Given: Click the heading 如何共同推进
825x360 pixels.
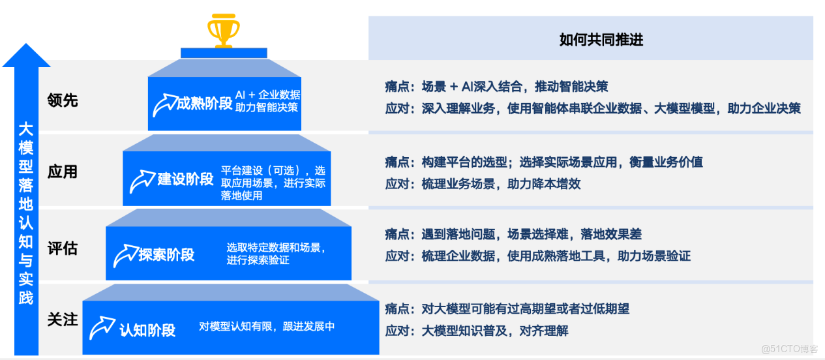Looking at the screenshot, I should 601,40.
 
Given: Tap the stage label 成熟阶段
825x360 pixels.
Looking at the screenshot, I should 204,104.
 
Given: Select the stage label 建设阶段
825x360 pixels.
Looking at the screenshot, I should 185,179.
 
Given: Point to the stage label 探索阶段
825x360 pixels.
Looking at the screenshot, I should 166,254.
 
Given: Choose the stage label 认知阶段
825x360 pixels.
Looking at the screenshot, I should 147,329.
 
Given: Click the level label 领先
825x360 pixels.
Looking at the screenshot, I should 63,100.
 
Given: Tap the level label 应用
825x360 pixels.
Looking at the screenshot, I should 63,172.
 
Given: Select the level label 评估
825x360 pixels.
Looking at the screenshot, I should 63,248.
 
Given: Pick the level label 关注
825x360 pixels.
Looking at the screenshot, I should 63,320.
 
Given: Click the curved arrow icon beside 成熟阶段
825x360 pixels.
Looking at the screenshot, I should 164,104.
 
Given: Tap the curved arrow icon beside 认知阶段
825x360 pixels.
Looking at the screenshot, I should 102,327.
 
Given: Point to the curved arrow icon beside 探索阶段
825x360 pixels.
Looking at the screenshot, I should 125,255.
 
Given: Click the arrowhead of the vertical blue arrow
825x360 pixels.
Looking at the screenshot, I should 26,55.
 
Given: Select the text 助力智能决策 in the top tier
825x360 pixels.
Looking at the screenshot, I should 267,107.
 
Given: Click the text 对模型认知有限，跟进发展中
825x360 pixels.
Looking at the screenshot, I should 267,326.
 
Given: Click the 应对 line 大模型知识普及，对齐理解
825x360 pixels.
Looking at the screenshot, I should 477,331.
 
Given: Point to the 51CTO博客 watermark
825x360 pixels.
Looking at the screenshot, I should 789,349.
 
